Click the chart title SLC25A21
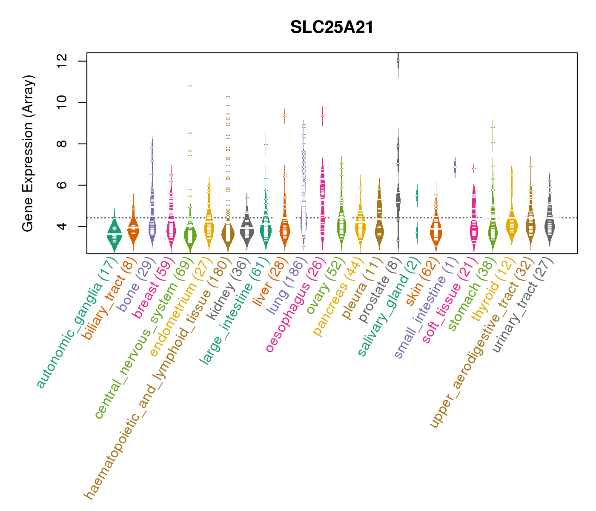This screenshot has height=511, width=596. (332, 28)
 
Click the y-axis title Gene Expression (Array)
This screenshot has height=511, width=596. (28, 153)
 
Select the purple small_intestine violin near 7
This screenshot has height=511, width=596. (455, 167)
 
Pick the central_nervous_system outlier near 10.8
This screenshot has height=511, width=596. (190, 86)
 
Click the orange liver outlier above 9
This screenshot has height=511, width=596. (284, 116)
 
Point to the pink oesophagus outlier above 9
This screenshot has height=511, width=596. (323, 116)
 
